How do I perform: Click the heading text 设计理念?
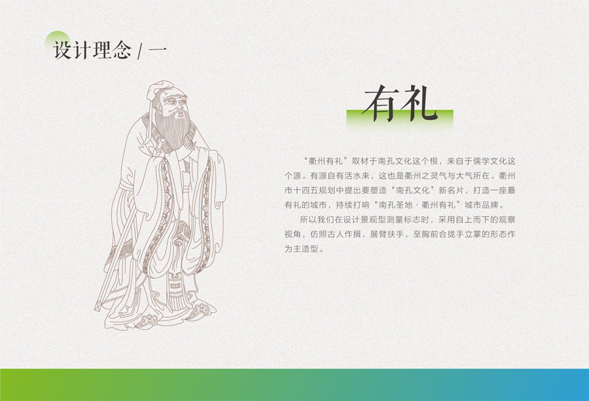coord(92,50)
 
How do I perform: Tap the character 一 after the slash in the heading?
coord(158,50)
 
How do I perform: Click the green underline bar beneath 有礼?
coord(400,119)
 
